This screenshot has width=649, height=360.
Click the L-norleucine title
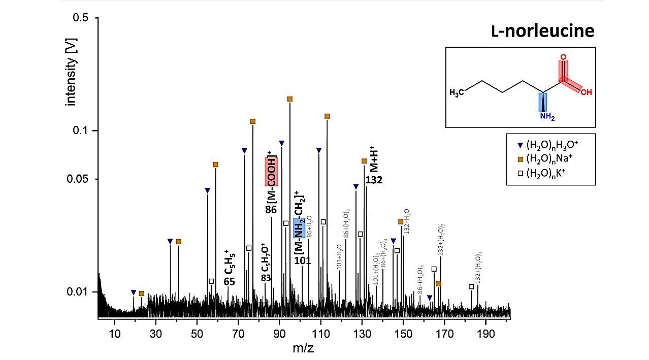pos(542,31)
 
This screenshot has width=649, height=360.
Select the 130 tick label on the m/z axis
pos(362,329)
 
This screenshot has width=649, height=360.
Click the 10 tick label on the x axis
pos(115,329)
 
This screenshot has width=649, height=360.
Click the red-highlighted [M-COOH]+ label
pos(271,171)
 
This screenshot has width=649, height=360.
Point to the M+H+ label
pos(374,159)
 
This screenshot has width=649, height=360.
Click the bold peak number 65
pos(229,281)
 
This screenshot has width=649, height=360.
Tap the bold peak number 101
pos(303,260)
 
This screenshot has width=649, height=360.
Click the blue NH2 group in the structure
pos(547,117)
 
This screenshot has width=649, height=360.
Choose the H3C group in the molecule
pos(457,92)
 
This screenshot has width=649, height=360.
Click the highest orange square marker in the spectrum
pos(290,99)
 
